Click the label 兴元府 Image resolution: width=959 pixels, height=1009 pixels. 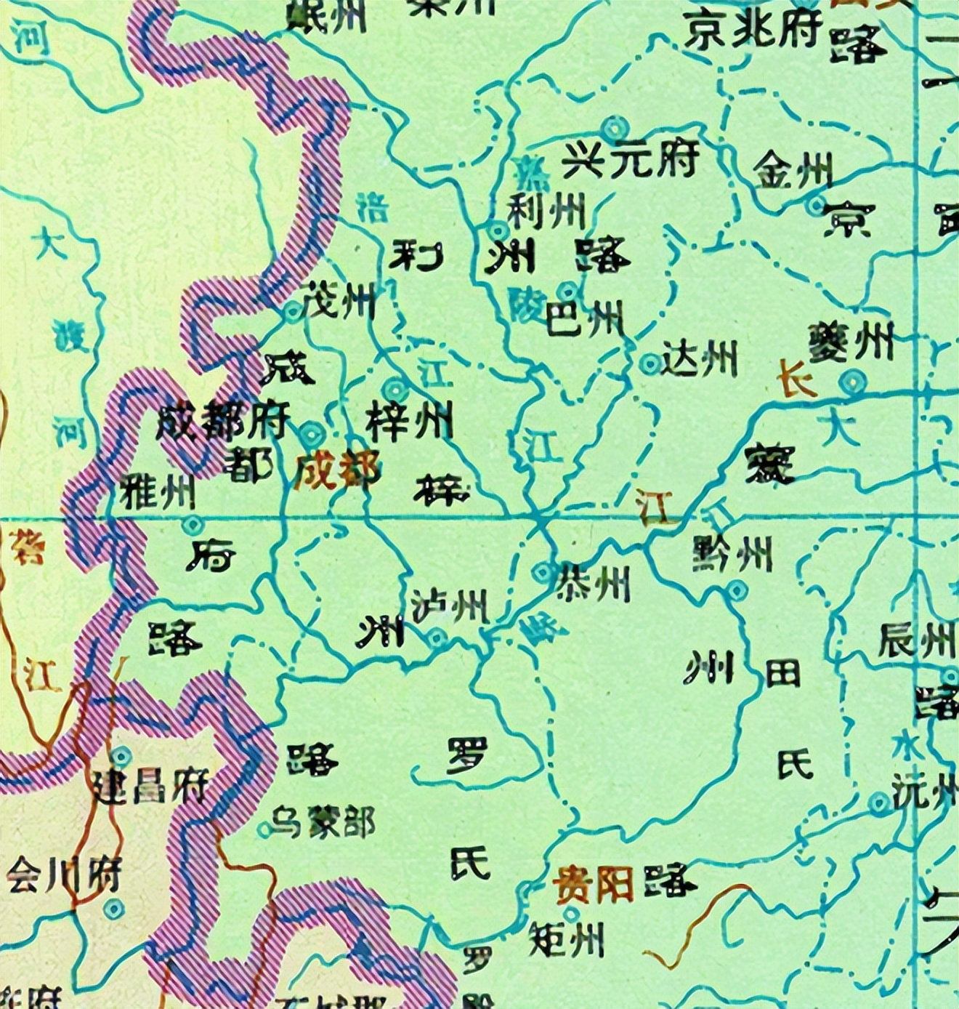pyautogui.click(x=631, y=158)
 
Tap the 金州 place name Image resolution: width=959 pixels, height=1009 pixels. pyautogui.click(x=792, y=172)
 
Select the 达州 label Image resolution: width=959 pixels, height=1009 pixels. pyautogui.click(x=700, y=359)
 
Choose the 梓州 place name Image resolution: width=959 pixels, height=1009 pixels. pyautogui.click(x=409, y=421)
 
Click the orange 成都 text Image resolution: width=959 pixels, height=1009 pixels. pyautogui.click(x=337, y=472)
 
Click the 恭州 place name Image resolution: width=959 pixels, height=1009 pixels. pyautogui.click(x=592, y=582)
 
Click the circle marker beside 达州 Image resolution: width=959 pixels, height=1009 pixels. pyautogui.click(x=649, y=363)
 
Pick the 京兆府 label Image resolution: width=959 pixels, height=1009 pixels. pyautogui.click(x=753, y=31)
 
